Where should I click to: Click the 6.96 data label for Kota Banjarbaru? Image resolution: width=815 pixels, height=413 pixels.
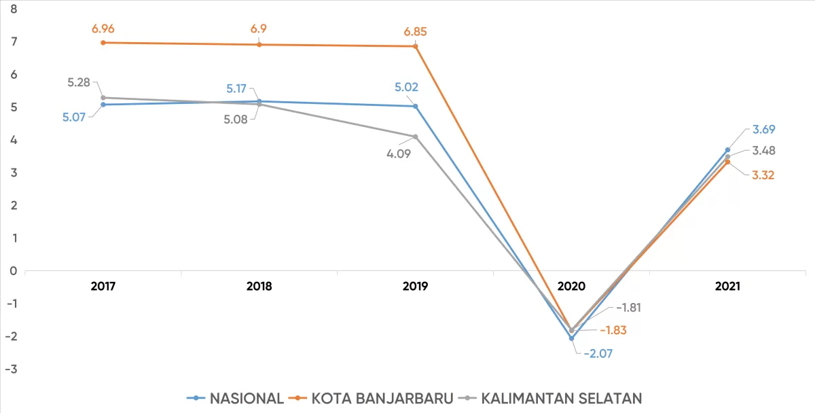(103, 29)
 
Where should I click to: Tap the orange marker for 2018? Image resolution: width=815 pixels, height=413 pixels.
(259, 45)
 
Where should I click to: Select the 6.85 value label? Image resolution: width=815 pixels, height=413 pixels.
(416, 32)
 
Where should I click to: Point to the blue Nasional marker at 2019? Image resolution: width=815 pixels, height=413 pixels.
(416, 106)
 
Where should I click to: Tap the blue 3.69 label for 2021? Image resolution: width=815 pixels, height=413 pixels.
(763, 129)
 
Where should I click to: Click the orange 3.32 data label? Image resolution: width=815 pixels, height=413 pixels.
(763, 175)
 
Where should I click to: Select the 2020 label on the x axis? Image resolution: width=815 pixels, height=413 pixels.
(571, 287)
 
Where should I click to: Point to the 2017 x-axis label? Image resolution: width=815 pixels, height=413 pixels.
(103, 287)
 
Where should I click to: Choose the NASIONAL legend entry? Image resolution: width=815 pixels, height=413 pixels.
(235, 398)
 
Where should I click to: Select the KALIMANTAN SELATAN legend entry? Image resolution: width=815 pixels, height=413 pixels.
(551, 398)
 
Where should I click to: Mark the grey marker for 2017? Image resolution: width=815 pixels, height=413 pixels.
(103, 98)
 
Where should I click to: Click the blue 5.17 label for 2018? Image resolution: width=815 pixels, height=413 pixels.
(240, 88)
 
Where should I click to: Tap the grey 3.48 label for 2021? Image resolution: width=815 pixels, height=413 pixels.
(763, 151)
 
